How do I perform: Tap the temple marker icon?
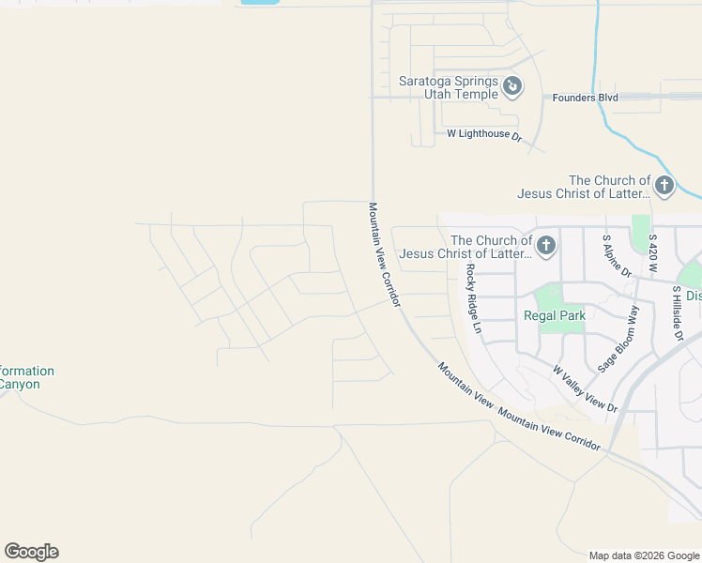[512, 87]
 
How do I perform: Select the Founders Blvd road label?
[585, 97]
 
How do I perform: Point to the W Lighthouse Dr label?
[484, 134]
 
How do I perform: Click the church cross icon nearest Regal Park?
[545, 247]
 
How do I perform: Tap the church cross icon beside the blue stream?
[664, 185]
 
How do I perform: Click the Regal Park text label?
[554, 315]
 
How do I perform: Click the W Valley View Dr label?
[585, 389]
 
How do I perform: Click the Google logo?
[31, 552]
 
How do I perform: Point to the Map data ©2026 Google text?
[643, 555]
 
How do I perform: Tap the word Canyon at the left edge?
[19, 384]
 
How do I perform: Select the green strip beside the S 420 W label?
[641, 235]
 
